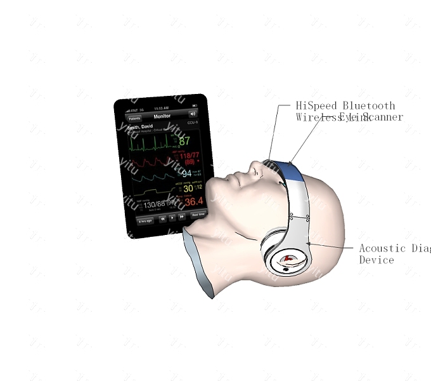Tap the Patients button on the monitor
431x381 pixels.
(x=134, y=119)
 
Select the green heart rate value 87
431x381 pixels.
(x=184, y=141)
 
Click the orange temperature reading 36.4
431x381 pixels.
(x=194, y=202)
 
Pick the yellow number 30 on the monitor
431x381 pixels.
(x=188, y=188)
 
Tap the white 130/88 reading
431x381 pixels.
(x=154, y=204)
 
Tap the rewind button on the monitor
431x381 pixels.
(x=163, y=217)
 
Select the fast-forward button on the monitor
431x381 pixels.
(x=182, y=216)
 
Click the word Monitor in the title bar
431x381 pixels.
(x=162, y=116)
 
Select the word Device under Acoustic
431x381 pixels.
(x=376, y=260)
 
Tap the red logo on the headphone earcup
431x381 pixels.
(x=288, y=259)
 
